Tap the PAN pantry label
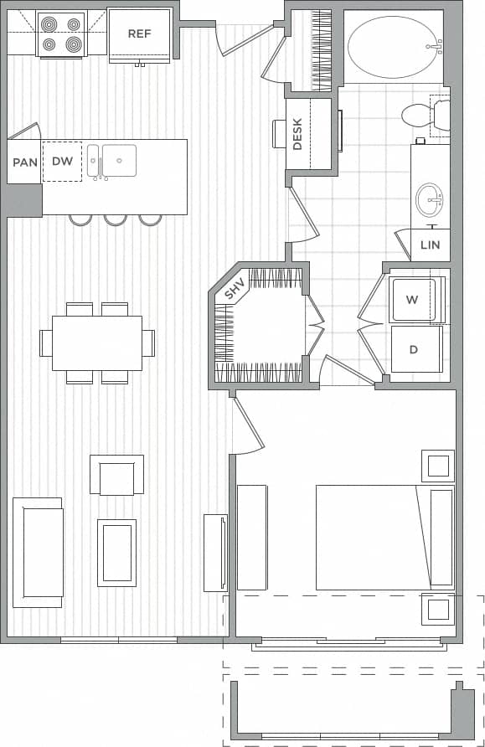click(24, 162)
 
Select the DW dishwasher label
click(62, 161)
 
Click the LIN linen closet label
click(430, 245)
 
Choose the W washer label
click(412, 299)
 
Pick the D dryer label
click(413, 348)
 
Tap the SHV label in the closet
click(234, 289)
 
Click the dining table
click(96, 343)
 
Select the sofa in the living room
click(38, 552)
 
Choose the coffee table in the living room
click(116, 552)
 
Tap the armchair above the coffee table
click(116, 476)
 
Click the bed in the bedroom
click(384, 537)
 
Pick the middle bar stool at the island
click(116, 220)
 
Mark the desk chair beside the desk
click(280, 134)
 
